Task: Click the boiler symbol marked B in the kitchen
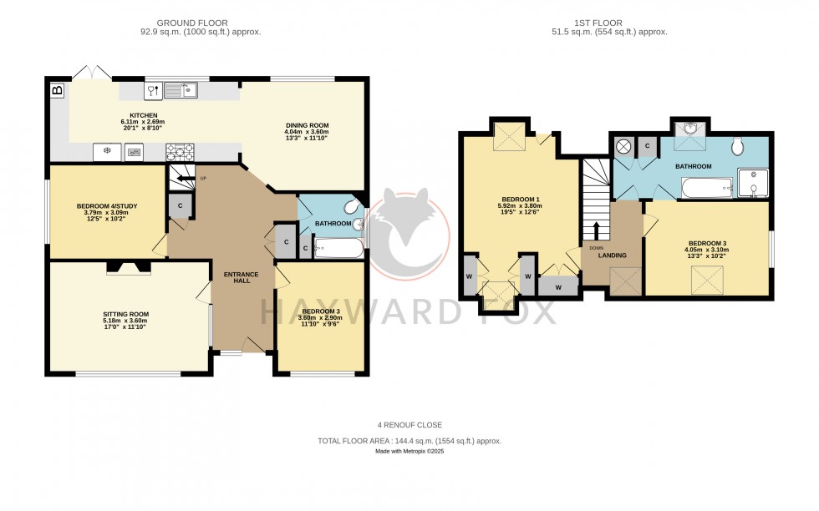point(57,89)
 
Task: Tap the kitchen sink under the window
point(179,89)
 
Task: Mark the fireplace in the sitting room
point(128,267)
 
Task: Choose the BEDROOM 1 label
point(518,200)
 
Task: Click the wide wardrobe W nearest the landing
point(556,286)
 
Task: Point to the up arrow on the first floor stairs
point(597,230)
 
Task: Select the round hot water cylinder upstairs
point(623,147)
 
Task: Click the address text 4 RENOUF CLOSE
point(409,425)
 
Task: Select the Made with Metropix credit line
point(409,452)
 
